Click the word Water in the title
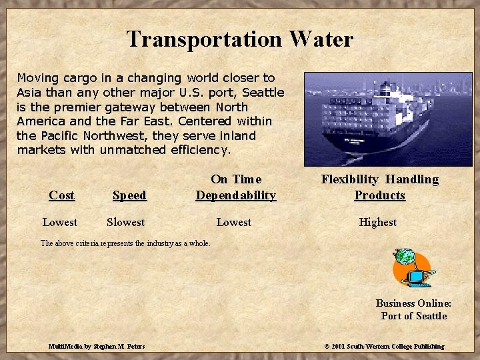pyautogui.click(x=321, y=39)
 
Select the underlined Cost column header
pyautogui.click(x=61, y=195)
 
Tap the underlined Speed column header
pyautogui.click(x=129, y=195)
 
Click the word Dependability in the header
pyautogui.click(x=235, y=195)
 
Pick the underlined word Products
pyautogui.click(x=379, y=195)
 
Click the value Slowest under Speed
pyautogui.click(x=125, y=222)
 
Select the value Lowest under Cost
pyautogui.click(x=60, y=222)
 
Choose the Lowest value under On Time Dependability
pyautogui.click(x=233, y=222)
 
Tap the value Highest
pyautogui.click(x=377, y=222)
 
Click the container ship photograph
pyautogui.click(x=379, y=119)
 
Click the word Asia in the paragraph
pyautogui.click(x=29, y=93)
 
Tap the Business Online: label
pyautogui.click(x=413, y=303)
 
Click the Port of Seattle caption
pyautogui.click(x=413, y=316)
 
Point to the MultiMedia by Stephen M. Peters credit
pyautogui.click(x=97, y=346)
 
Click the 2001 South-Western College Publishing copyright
pyautogui.click(x=384, y=346)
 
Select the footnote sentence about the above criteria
pyautogui.click(x=125, y=243)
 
